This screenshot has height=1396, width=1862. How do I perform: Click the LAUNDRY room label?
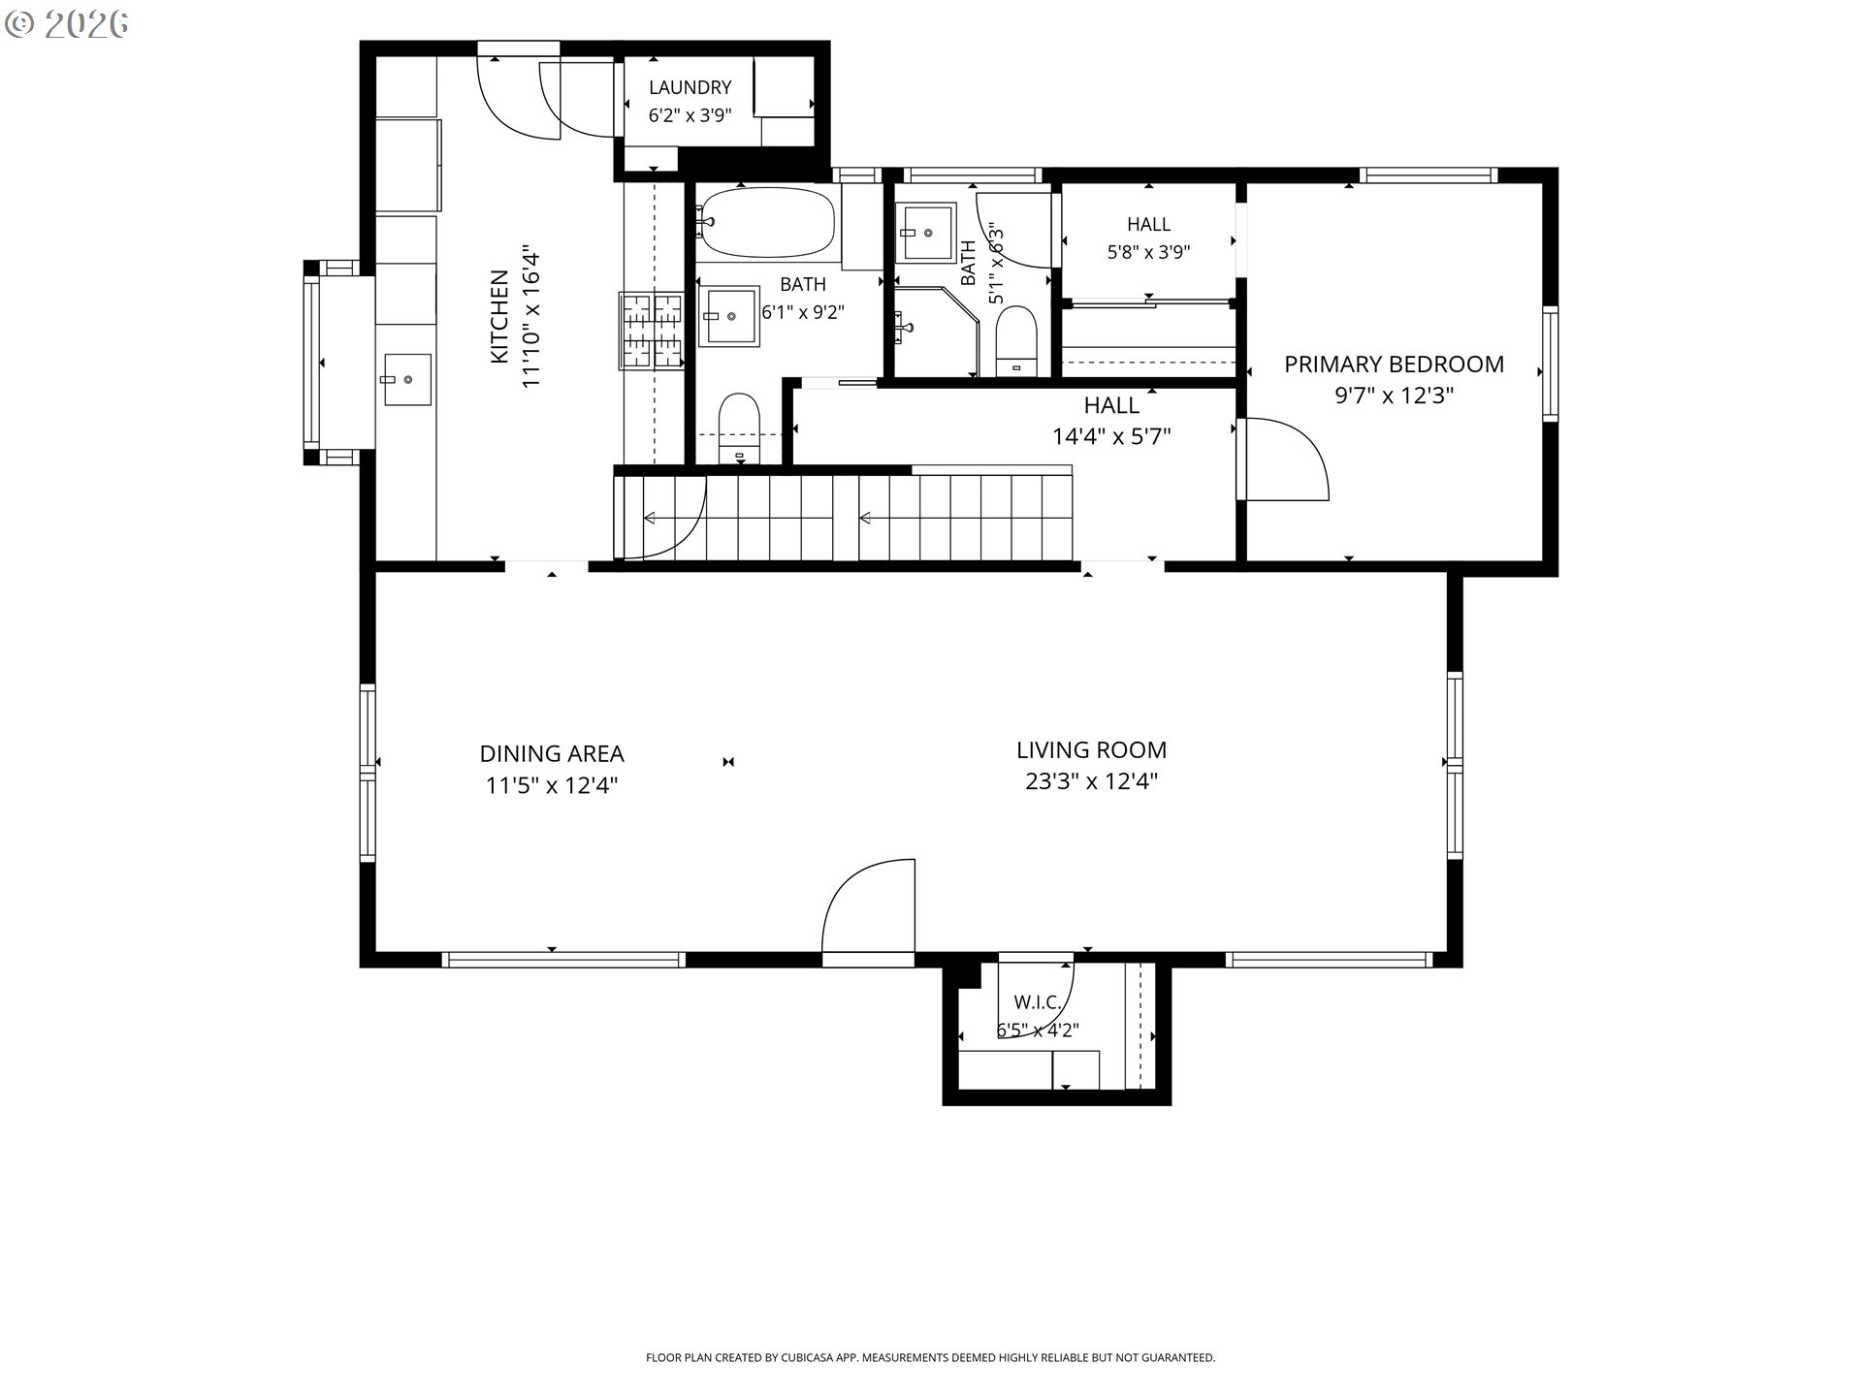(690, 88)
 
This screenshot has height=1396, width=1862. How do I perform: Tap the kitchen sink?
(407, 379)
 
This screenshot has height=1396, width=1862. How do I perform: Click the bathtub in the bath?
(766, 223)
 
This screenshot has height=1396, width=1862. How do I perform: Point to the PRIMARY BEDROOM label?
(1394, 365)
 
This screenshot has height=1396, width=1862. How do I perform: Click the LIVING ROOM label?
(1091, 749)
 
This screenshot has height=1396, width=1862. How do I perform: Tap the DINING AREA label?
(552, 753)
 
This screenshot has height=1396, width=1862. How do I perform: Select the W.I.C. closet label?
(1037, 1002)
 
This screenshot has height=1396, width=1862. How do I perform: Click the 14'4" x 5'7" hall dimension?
(1111, 437)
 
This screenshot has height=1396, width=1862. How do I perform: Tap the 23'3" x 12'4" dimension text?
(1091, 781)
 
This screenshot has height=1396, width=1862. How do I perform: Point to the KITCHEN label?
(499, 317)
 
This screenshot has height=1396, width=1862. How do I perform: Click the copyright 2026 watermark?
(66, 24)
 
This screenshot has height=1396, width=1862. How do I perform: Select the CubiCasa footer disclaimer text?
(930, 1358)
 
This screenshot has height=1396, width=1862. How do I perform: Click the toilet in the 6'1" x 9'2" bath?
(739, 428)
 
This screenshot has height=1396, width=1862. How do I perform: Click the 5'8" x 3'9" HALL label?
(1148, 225)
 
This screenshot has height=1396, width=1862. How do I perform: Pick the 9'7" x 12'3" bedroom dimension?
(1394, 396)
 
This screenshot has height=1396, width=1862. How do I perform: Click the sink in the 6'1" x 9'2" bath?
(728, 315)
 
